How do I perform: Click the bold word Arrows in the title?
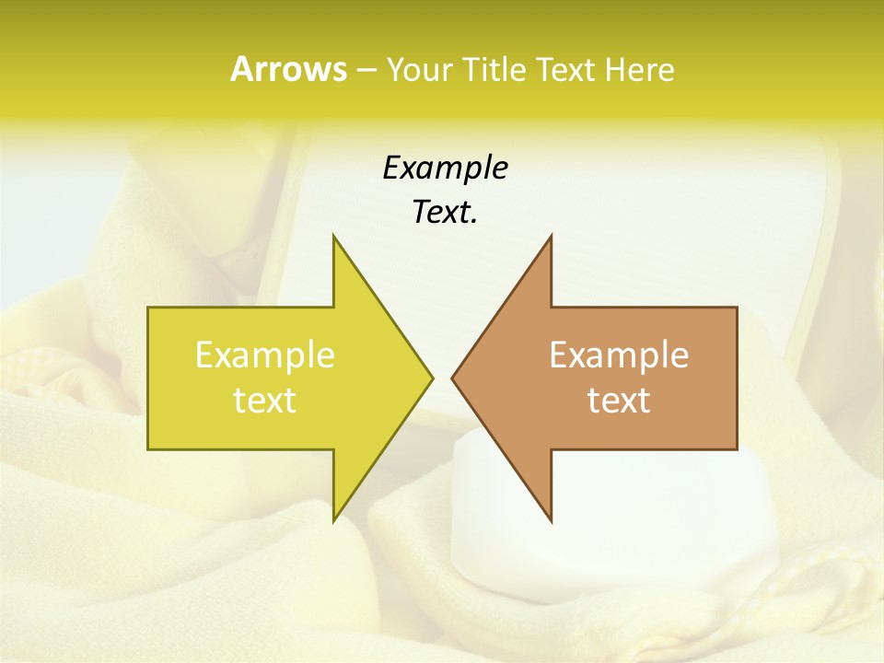pos(287,69)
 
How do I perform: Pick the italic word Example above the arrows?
pos(445,168)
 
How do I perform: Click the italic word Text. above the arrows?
pos(445,212)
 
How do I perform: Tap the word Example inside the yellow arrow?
pos(265,355)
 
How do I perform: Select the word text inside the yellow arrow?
pos(265,400)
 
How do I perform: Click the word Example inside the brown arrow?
pos(619,355)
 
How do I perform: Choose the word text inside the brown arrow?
pos(619,400)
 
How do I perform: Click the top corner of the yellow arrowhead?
pos(334,238)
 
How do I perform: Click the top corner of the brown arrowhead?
pos(551,238)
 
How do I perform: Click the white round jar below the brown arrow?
pos(516,552)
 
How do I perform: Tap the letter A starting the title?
pos(241,69)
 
